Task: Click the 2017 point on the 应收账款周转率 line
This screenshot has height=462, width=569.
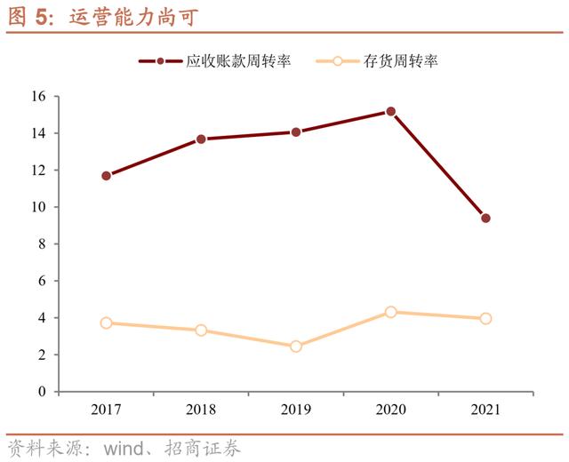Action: pyautogui.click(x=107, y=176)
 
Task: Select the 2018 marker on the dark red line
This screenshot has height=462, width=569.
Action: pyautogui.click(x=201, y=139)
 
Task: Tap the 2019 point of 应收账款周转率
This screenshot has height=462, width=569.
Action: pyautogui.click(x=296, y=132)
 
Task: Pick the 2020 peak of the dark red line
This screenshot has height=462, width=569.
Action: pyautogui.click(x=391, y=112)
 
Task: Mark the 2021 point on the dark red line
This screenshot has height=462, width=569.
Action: pyautogui.click(x=485, y=218)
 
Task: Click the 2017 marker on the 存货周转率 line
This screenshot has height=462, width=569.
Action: pyautogui.click(x=107, y=323)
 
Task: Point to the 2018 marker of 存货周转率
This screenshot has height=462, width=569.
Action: pyautogui.click(x=201, y=331)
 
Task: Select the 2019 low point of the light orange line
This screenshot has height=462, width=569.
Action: pyautogui.click(x=296, y=346)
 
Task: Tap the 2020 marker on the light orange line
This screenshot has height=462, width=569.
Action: pyautogui.click(x=391, y=312)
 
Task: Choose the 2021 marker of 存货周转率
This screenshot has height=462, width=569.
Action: pyautogui.click(x=485, y=318)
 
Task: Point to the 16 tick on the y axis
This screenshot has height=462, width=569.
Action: pyautogui.click(x=39, y=96)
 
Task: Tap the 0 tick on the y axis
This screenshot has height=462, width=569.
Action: pyautogui.click(x=43, y=392)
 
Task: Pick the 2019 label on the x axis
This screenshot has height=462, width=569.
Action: pyautogui.click(x=296, y=410)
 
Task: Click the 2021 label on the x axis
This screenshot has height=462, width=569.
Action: pyautogui.click(x=485, y=410)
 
